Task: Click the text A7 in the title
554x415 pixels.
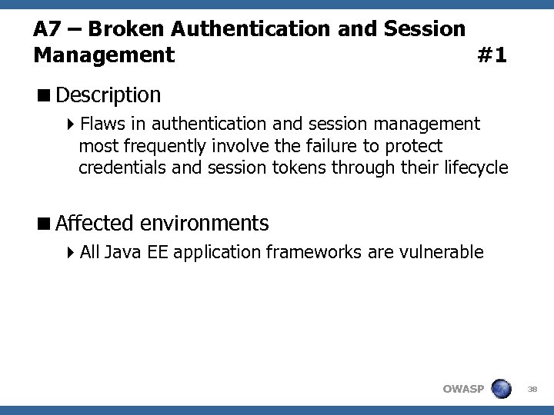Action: click(x=47, y=29)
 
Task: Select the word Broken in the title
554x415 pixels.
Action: click(x=125, y=29)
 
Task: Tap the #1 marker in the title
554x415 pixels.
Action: click(x=492, y=55)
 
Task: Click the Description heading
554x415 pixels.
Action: click(x=108, y=95)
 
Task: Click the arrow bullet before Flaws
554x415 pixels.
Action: click(x=70, y=124)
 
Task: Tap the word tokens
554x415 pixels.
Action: click(x=300, y=168)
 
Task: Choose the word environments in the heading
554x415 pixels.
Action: click(x=205, y=224)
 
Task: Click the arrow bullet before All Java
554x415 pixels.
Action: click(x=70, y=252)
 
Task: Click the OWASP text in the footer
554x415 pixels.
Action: click(x=463, y=389)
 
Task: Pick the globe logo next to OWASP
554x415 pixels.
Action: click(x=501, y=387)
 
